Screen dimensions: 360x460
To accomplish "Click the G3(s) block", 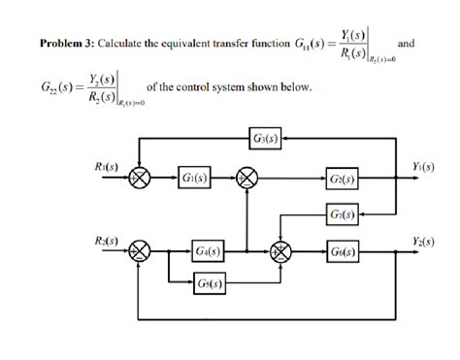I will pyautogui.click(x=265, y=139).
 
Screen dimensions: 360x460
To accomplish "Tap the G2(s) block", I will pyautogui.click(x=343, y=179).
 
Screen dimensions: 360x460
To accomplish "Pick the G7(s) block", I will pyautogui.click(x=343, y=213).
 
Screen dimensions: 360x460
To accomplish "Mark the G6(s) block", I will pyautogui.click(x=343, y=251).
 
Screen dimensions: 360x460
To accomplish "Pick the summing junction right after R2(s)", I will pyautogui.click(x=142, y=251).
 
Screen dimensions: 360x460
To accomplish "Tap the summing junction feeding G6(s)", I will pyautogui.click(x=282, y=251).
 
